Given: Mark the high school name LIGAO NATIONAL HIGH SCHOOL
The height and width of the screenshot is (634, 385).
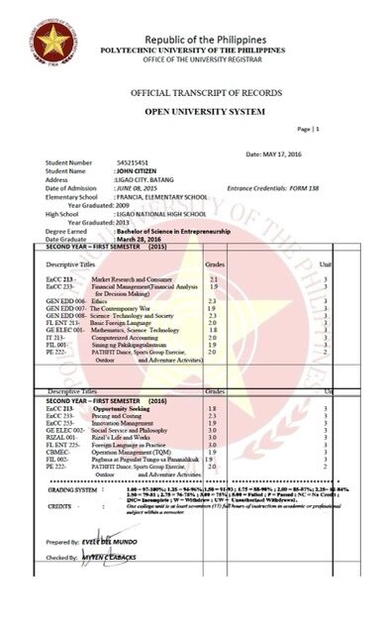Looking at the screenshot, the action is pos(159,211).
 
